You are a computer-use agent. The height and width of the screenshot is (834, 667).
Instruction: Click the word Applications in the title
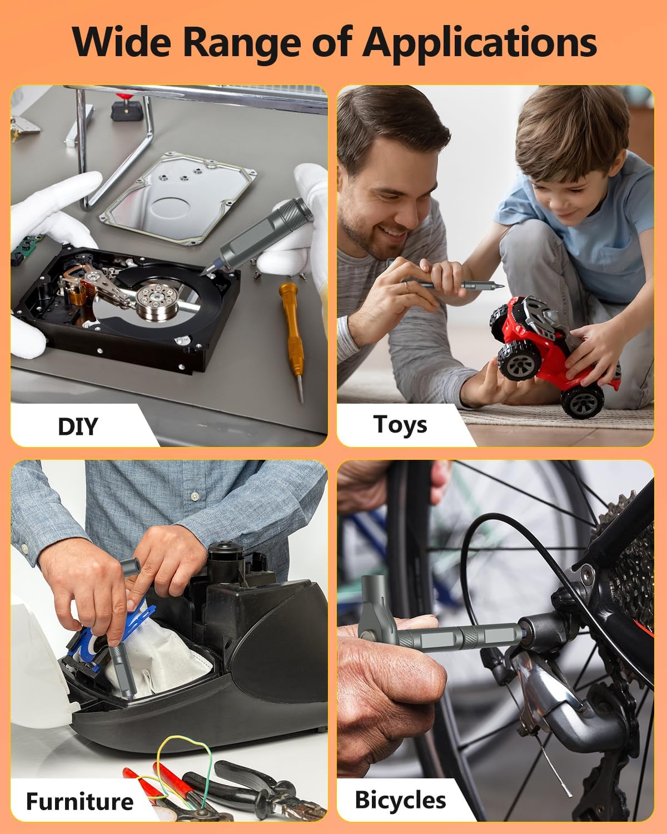point(480,42)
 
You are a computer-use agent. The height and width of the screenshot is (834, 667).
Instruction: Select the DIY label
point(78,426)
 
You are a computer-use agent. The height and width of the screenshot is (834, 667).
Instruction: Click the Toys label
point(400,424)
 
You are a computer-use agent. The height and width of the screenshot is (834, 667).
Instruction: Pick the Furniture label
point(79,801)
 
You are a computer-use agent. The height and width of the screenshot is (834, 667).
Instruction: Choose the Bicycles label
point(400,800)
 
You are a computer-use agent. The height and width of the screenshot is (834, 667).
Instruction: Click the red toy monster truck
point(550,345)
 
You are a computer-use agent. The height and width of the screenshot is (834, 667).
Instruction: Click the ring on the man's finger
point(407,285)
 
